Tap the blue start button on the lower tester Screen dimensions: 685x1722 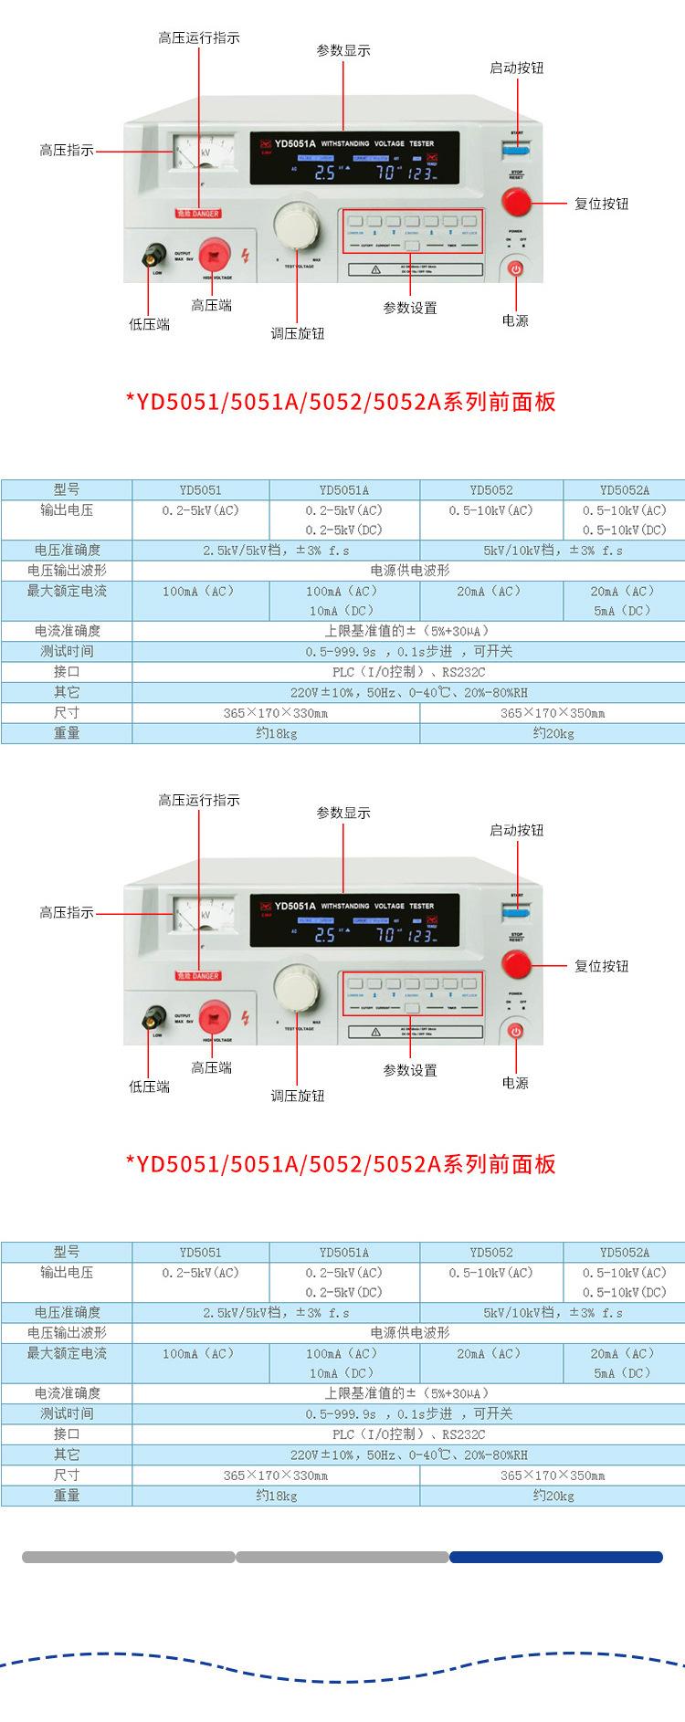(517, 911)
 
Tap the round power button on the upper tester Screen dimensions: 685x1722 (516, 268)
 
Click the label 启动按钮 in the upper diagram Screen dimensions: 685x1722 (516, 68)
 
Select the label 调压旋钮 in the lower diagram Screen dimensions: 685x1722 (298, 1096)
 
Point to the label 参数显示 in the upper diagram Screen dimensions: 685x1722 (343, 50)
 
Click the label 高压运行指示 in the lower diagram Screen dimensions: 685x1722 (199, 800)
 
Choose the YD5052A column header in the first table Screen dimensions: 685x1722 (625, 490)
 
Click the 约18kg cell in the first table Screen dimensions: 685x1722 (276, 733)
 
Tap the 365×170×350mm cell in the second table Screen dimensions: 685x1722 (552, 1475)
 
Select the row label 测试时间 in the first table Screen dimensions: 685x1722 (67, 651)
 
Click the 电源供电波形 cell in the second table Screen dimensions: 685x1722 (408, 1333)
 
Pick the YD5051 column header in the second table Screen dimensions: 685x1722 (201, 1253)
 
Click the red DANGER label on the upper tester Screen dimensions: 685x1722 (198, 214)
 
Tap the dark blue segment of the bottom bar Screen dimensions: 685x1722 (555, 1558)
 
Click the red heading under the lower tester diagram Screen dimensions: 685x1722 (341, 1164)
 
